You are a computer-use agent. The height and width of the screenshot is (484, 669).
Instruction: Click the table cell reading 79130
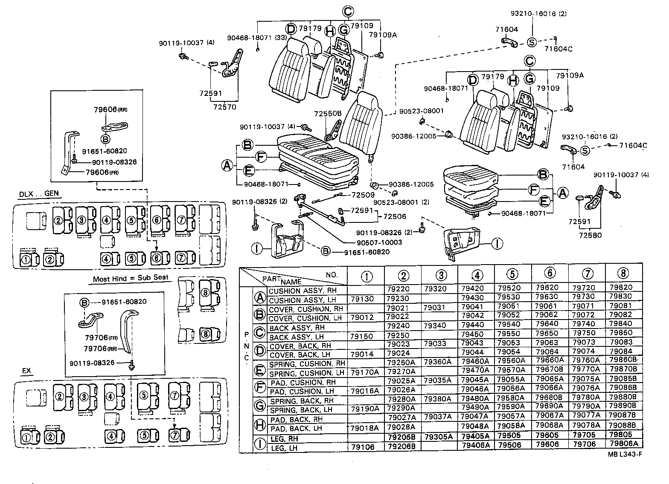click(x=361, y=299)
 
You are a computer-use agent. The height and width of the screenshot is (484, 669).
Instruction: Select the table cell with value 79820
click(x=623, y=288)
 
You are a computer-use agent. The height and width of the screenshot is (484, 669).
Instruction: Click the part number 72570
click(x=224, y=107)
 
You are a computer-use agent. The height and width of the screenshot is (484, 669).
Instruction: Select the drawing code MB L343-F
click(x=625, y=466)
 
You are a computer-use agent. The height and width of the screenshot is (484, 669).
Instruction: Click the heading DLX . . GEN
click(x=38, y=194)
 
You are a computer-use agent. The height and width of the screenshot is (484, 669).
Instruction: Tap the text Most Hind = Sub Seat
click(x=131, y=278)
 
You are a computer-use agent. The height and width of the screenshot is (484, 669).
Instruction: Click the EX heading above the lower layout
click(x=26, y=371)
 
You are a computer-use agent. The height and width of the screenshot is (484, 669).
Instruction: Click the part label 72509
click(x=363, y=195)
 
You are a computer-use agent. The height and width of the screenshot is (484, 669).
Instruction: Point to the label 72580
click(x=590, y=235)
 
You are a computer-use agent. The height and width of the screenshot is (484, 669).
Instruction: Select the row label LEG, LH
click(x=284, y=448)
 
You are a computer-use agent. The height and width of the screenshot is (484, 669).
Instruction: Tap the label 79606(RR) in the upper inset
click(x=111, y=109)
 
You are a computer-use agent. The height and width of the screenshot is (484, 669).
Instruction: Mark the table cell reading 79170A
click(x=364, y=372)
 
